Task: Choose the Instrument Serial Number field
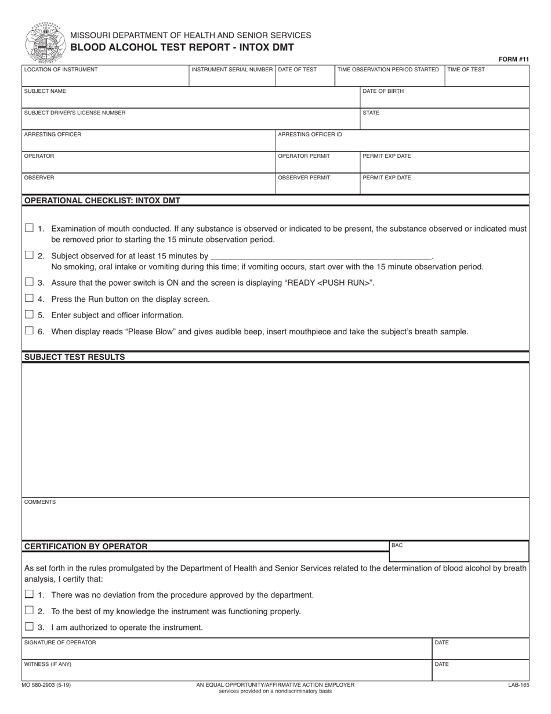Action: pyautogui.click(x=232, y=76)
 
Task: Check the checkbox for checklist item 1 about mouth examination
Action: pyautogui.click(x=29, y=228)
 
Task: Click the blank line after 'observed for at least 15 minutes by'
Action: pyautogui.click(x=321, y=255)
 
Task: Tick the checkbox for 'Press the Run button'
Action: pyautogui.click(x=29, y=298)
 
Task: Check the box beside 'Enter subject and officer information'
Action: pyautogui.click(x=29, y=315)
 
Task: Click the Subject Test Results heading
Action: pyautogui.click(x=74, y=357)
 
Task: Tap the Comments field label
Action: pyautogui.click(x=40, y=502)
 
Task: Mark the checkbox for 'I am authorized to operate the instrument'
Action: pyautogui.click(x=29, y=627)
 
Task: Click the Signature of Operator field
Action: pyautogui.click(x=226, y=649)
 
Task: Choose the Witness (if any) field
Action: pyautogui.click(x=226, y=670)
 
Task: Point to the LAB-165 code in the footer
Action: pyautogui.click(x=519, y=685)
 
